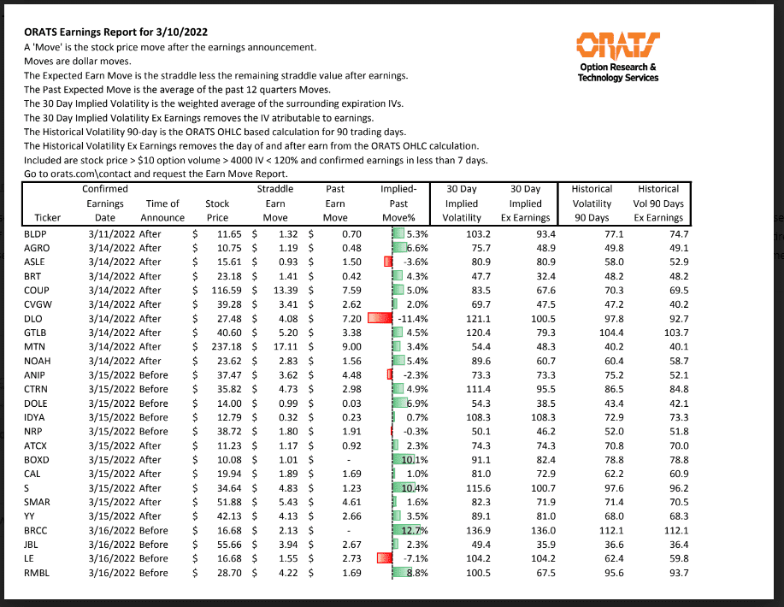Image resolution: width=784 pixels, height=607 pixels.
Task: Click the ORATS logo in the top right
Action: [x=617, y=45]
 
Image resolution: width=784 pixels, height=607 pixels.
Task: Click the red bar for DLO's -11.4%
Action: [x=378, y=317]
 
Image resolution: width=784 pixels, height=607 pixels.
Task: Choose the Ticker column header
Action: [x=47, y=217]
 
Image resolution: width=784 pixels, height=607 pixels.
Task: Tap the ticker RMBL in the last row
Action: [x=36, y=572]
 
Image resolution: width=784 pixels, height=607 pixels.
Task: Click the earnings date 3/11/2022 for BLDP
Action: [x=106, y=233]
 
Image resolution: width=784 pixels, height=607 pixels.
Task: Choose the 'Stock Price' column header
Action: [x=217, y=210]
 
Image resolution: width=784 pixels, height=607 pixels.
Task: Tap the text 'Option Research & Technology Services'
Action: [x=617, y=73]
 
